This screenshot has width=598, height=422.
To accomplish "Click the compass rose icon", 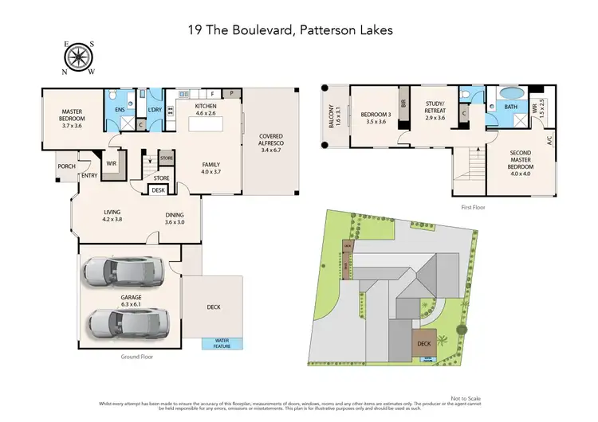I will [79, 57].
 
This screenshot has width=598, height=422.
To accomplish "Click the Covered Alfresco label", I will [270, 143].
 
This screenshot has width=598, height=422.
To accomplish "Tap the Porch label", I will [65, 166].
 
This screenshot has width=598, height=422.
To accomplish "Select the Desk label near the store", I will [158, 190].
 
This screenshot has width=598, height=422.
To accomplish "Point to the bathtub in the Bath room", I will [509, 104].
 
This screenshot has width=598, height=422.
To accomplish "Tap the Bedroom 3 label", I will [371, 117].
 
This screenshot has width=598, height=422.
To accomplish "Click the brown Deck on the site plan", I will [423, 345].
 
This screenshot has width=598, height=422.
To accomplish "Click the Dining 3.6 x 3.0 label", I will [174, 218].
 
